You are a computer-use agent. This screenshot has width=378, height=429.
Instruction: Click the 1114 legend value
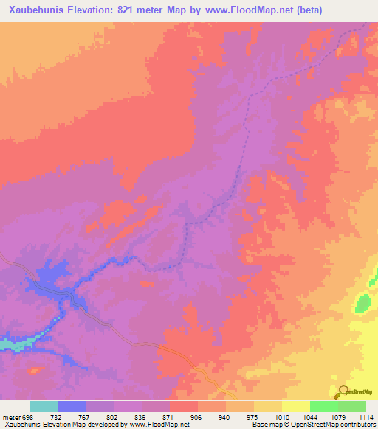click(363, 417)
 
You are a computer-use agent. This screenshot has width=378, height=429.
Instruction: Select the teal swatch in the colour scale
click(44, 406)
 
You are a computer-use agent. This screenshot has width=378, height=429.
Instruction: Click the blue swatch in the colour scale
click(72, 406)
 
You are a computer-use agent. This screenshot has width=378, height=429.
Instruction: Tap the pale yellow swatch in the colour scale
click(295, 406)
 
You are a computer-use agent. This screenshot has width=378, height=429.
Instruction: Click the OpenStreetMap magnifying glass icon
click(342, 391)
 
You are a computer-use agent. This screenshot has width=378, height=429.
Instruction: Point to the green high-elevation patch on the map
click(362, 303)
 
